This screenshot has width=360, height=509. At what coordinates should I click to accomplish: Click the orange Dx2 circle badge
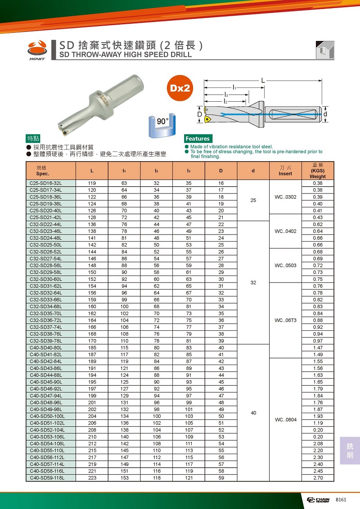[180, 88]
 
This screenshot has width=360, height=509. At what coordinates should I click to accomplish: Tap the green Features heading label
[198, 139]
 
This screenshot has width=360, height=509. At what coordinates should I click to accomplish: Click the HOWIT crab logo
[36, 49]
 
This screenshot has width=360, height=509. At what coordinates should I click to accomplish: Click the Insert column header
[285, 171]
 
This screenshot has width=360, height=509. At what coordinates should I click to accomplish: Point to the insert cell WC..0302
[285, 197]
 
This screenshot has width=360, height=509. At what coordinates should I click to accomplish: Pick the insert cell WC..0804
[285, 419]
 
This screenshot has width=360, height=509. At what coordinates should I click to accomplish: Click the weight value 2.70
[318, 478]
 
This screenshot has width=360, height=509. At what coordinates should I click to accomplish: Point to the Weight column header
[318, 171]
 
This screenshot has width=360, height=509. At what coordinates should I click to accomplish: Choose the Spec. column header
[43, 171]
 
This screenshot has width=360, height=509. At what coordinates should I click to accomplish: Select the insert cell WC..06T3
[285, 320]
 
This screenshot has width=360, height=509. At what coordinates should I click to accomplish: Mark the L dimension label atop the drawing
[262, 80]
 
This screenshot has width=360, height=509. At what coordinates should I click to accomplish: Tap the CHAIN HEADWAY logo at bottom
[318, 500]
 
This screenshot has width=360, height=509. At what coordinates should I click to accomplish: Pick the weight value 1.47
[318, 348]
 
